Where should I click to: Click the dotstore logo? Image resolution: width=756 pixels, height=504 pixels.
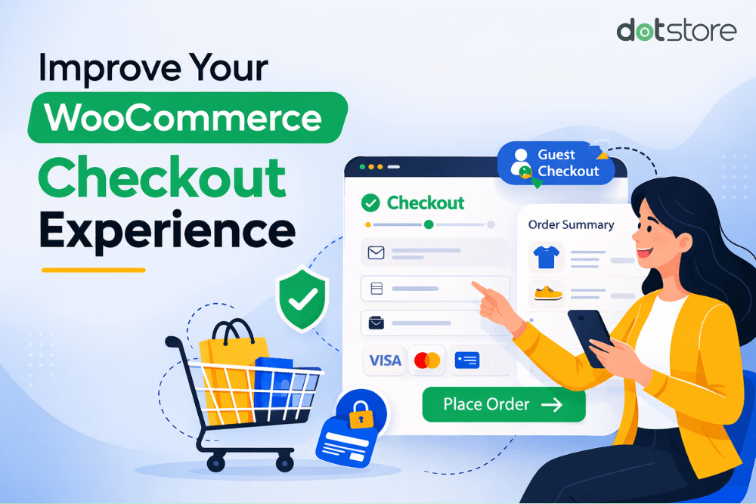pos(676,31)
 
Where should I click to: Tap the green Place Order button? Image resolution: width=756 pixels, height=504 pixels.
pos(503,404)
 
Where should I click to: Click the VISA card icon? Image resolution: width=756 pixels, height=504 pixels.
pos(383,360)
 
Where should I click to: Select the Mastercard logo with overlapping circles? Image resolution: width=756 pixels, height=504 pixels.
pos(427,360)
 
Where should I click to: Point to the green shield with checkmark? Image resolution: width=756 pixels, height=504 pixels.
pos(303,299)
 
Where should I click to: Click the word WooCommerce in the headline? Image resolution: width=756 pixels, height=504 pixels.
pos(184,118)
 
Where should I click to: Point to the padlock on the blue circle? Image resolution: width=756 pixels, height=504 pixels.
pos(361,413)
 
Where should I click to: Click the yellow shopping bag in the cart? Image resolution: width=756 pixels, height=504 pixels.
pos(225,370)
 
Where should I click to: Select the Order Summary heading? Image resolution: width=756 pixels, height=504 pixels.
pos(571,224)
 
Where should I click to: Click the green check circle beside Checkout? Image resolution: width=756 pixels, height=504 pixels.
pos(370,203)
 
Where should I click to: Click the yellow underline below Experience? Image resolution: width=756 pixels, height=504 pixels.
pos(93,270)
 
